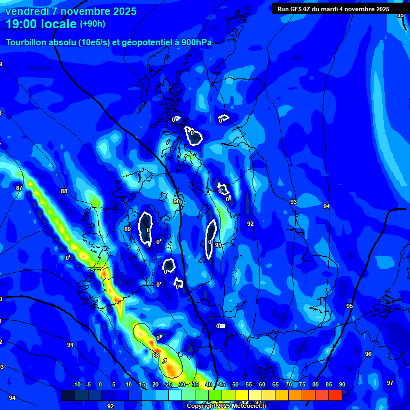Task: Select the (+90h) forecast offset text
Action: [92, 24]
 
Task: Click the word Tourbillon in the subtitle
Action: [26, 43]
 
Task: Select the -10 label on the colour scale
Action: [76, 385]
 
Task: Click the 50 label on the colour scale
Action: [235, 385]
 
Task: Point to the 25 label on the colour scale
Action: [169, 385]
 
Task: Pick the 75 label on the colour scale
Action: [302, 385]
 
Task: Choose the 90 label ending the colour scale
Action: [342, 385]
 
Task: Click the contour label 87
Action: [19, 188]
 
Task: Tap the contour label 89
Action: [127, 229]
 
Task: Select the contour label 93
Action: [293, 202]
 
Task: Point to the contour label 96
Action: [368, 354]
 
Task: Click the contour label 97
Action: [390, 383]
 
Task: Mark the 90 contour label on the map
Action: [177, 201]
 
